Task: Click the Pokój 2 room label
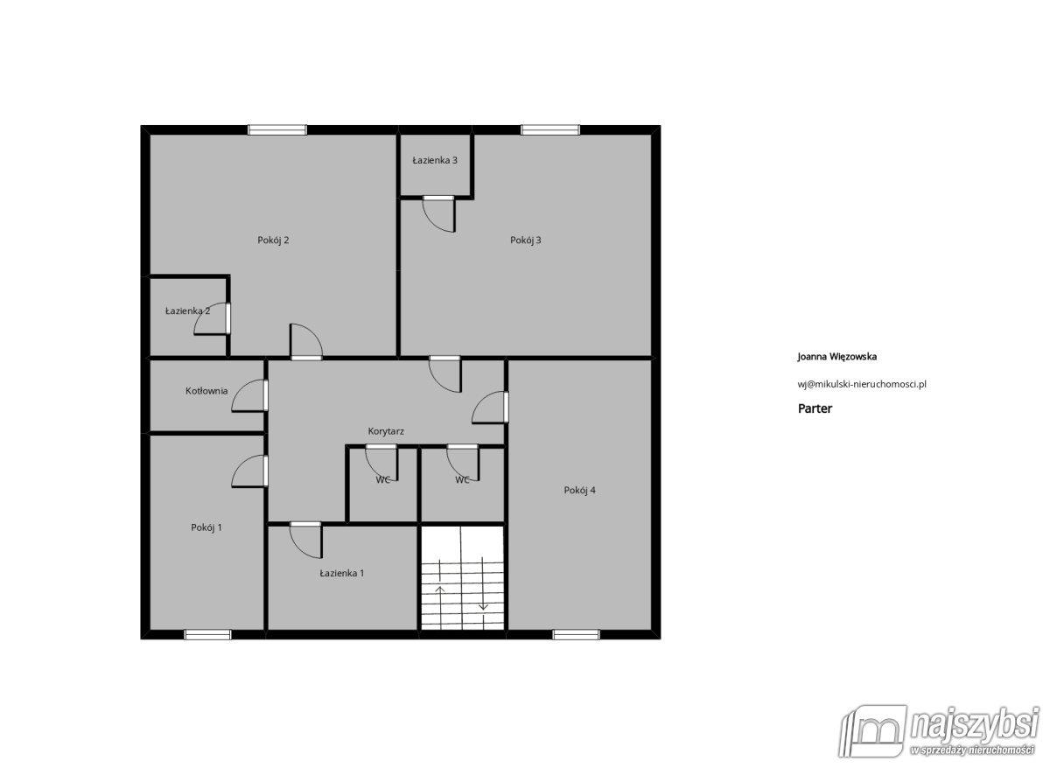point(273,241)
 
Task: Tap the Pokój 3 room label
point(526,241)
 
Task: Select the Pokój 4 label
point(579,490)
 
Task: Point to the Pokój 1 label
point(206,527)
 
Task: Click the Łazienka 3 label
point(435,160)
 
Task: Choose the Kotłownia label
point(206,390)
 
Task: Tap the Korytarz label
point(386,431)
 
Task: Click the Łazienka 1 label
point(342,573)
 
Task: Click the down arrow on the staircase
point(483,583)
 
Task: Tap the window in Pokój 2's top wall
point(277,129)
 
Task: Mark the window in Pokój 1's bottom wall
point(207,634)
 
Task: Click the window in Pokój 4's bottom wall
point(576,634)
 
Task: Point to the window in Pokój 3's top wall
point(550,129)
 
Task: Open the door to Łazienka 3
point(438,213)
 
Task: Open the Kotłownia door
point(249,395)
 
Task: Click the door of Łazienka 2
point(212,318)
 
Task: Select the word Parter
point(815,408)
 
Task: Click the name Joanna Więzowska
point(836,357)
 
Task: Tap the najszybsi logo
point(939,738)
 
